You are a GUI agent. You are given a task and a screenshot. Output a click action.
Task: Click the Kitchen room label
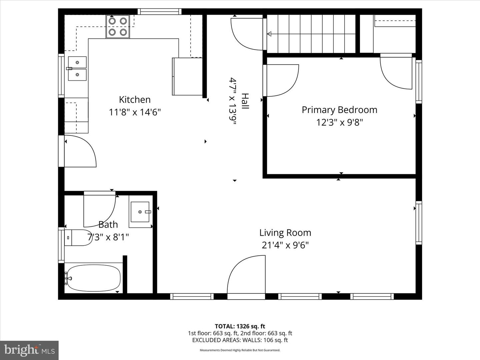coord(135,99)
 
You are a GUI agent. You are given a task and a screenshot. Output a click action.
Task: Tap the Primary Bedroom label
coord(339,110)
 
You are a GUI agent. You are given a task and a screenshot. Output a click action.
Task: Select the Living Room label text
coord(285,232)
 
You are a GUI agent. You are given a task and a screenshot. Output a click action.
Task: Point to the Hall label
coord(245,101)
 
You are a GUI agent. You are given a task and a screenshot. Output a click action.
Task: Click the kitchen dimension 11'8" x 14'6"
coord(135,112)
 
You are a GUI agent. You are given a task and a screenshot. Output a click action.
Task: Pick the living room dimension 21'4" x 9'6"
coord(285,245)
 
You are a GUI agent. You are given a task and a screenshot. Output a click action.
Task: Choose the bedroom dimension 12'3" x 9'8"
coord(339,122)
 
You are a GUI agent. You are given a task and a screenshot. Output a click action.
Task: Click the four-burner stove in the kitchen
coord(118,27)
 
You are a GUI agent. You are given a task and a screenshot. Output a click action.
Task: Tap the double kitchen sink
coord(77,69)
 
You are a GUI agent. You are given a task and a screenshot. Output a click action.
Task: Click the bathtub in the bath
coord(93,278)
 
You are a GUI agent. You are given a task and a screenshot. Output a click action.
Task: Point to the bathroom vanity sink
coord(140,212)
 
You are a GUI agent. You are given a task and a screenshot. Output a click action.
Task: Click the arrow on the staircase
coord(269,34)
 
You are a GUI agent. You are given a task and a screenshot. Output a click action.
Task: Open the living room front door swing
coord(247,275)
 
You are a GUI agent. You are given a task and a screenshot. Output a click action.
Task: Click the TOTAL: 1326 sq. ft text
coord(240,326)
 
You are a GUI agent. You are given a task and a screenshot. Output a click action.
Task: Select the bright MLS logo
coord(29,350)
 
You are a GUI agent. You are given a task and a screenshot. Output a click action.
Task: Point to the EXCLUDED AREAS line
coord(240,340)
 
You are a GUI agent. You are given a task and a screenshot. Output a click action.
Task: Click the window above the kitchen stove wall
coord(160,12)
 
